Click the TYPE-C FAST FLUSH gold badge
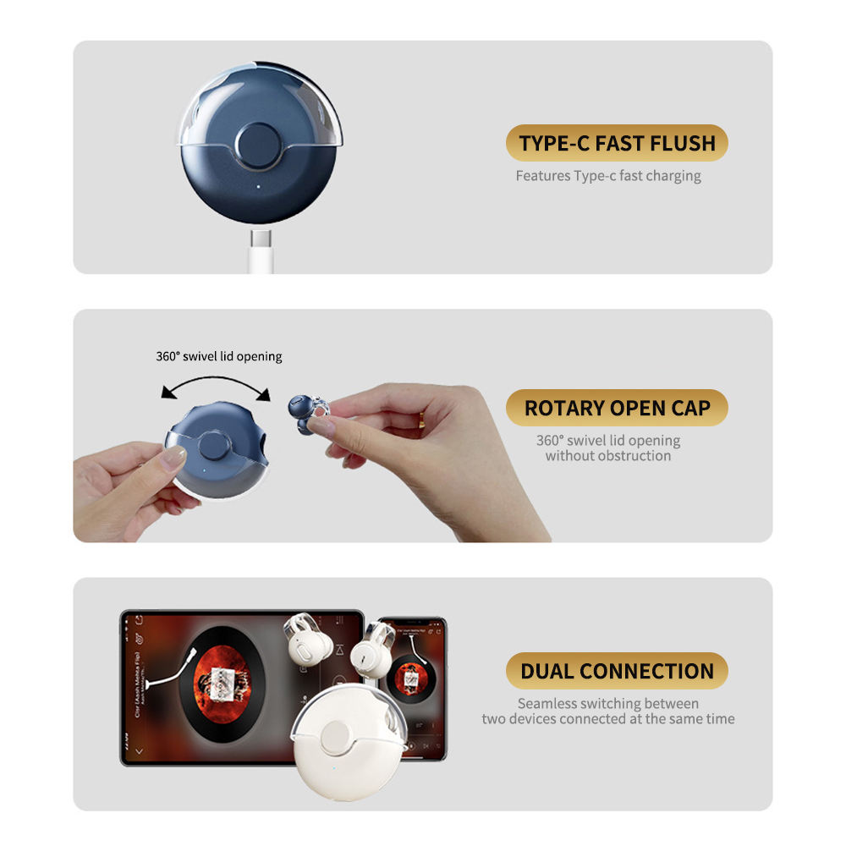tap(617, 143)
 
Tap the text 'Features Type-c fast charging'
tap(608, 176)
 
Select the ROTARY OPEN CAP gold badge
tap(617, 408)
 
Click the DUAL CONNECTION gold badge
tap(617, 671)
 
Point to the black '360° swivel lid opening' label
tap(219, 356)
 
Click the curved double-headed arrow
tap(216, 387)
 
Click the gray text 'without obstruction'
tap(608, 456)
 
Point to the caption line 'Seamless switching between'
tap(608, 703)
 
